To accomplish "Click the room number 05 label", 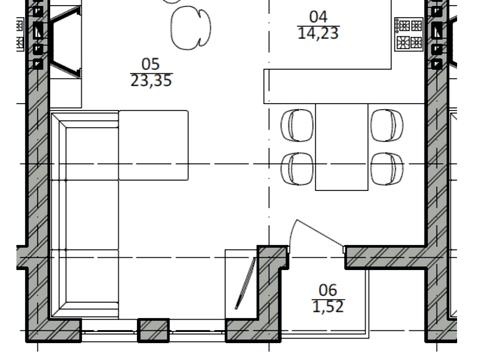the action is pos(151,64).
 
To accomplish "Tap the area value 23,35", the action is pos(151,81).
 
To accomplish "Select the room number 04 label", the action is pos(318,17).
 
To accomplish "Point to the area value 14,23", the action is pos(318,33).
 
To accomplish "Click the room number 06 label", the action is pos(328,290).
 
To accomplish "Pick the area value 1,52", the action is pos(328,306).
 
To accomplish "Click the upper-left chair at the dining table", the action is pos(297,125).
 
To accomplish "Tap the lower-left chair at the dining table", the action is pos(297,168).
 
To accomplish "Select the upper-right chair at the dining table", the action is pos(387,125).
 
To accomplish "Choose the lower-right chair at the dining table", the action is pos(387,168).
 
